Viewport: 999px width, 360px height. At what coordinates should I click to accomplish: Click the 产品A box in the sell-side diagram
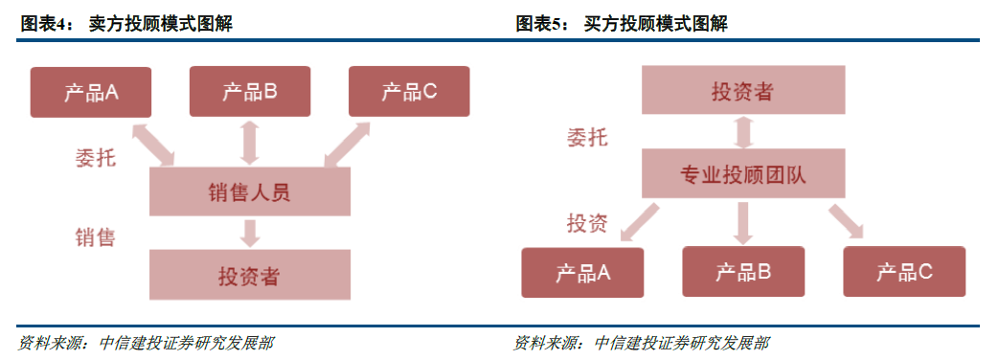tap(90, 92)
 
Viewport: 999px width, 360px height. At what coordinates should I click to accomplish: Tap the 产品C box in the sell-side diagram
tap(409, 92)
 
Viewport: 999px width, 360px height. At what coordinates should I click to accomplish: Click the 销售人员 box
tap(249, 192)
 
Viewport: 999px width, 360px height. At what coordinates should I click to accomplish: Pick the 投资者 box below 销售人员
tap(249, 276)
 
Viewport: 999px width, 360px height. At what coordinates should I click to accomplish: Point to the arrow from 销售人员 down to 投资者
tap(250, 233)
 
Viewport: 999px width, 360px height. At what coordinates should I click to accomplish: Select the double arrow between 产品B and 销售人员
tap(250, 142)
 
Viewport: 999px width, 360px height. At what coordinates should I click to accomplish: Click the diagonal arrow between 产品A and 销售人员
tap(154, 144)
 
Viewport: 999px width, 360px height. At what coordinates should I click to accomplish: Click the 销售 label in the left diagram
tap(95, 236)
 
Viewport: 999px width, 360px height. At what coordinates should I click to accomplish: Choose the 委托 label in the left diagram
tap(95, 156)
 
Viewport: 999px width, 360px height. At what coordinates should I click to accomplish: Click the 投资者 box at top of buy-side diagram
tap(742, 92)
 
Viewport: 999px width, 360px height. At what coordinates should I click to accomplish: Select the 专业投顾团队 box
tap(742, 175)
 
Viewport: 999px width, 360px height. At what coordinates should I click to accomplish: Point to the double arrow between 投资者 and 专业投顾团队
tap(742, 131)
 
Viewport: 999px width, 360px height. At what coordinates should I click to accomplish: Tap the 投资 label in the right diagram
tap(586, 224)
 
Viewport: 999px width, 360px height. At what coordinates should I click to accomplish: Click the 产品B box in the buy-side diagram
tap(742, 272)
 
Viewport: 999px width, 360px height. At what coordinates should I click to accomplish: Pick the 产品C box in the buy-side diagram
tap(903, 272)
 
